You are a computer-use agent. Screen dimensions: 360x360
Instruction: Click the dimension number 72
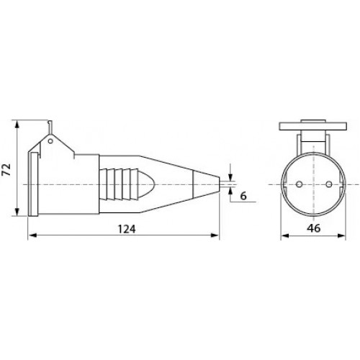click(x=7, y=169)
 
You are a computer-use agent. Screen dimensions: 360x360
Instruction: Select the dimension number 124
click(x=127, y=229)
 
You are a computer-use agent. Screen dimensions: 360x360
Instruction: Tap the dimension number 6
click(x=243, y=196)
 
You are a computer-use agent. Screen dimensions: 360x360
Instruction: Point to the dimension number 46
click(x=313, y=228)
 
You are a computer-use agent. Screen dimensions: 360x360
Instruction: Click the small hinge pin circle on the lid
click(x=50, y=141)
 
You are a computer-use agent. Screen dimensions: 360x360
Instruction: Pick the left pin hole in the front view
click(x=299, y=184)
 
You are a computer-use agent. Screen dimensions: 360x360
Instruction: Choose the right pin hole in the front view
click(x=329, y=184)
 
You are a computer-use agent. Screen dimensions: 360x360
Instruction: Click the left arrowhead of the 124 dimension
click(x=32, y=235)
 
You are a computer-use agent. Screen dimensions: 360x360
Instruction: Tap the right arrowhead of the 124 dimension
click(x=215, y=235)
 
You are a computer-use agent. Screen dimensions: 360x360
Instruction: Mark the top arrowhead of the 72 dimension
click(x=17, y=125)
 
